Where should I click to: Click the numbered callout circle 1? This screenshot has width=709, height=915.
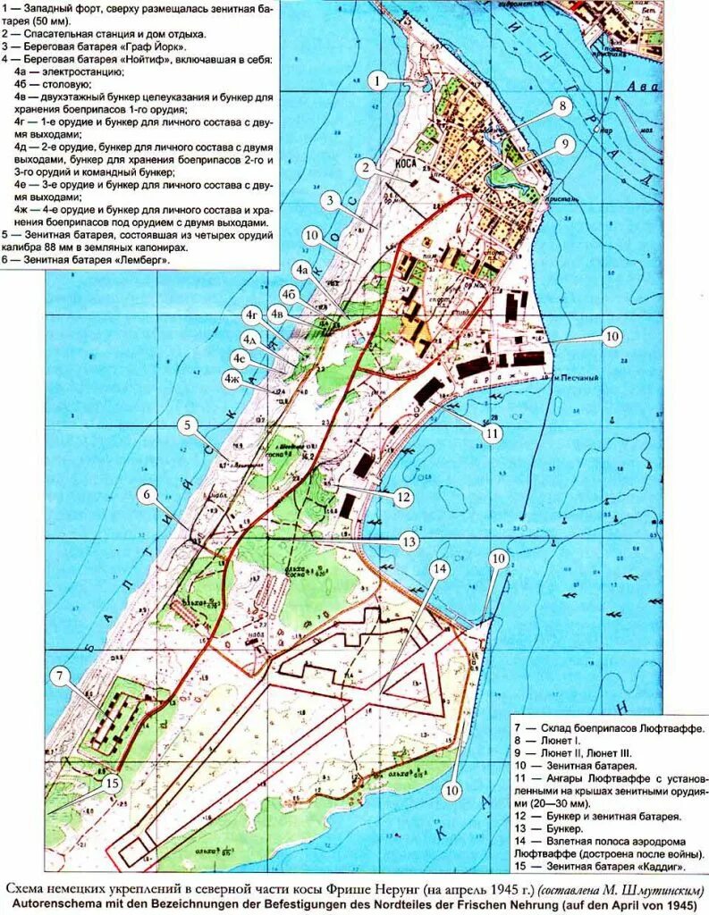[x=379, y=81]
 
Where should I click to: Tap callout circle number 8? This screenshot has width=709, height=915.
[x=561, y=106]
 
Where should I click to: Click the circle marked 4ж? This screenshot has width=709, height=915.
[x=232, y=378]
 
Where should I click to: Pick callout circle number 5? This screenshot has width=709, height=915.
[x=187, y=425]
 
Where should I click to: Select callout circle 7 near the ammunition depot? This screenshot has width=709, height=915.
[x=60, y=676]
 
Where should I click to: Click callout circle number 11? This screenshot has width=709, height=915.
[x=492, y=432]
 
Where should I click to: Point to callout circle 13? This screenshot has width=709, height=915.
[x=409, y=541]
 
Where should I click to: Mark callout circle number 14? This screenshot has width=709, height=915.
[x=438, y=568]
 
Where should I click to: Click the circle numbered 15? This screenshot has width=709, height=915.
[x=111, y=784]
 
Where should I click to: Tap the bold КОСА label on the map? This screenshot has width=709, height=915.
[x=407, y=164]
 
